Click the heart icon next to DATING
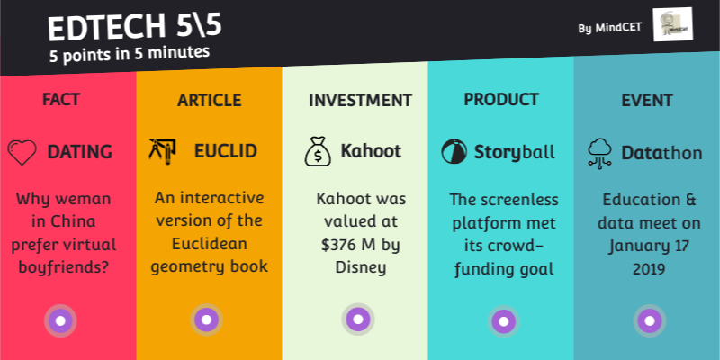click(22, 152)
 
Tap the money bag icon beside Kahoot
click(317, 152)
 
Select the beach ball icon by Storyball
click(454, 151)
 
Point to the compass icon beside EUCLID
click(163, 150)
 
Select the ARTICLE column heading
click(209, 99)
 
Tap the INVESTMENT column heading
click(360, 100)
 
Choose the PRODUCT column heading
click(501, 99)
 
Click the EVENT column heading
click(646, 100)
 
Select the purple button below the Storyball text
click(502, 319)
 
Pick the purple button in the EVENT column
click(647, 319)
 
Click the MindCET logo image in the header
click(671, 25)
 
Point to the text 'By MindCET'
click(610, 28)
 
